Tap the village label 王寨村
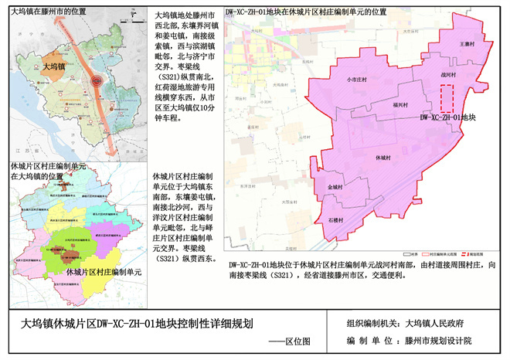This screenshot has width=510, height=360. [466, 45]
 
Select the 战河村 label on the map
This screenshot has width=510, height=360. [448, 75]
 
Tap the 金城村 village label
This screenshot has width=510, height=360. [335, 187]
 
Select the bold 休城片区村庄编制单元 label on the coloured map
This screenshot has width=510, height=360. [104, 272]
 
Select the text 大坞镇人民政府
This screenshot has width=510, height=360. [445, 324]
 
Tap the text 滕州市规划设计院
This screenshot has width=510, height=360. [448, 341]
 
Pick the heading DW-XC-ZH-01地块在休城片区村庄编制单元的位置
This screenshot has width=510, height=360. [305, 13]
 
